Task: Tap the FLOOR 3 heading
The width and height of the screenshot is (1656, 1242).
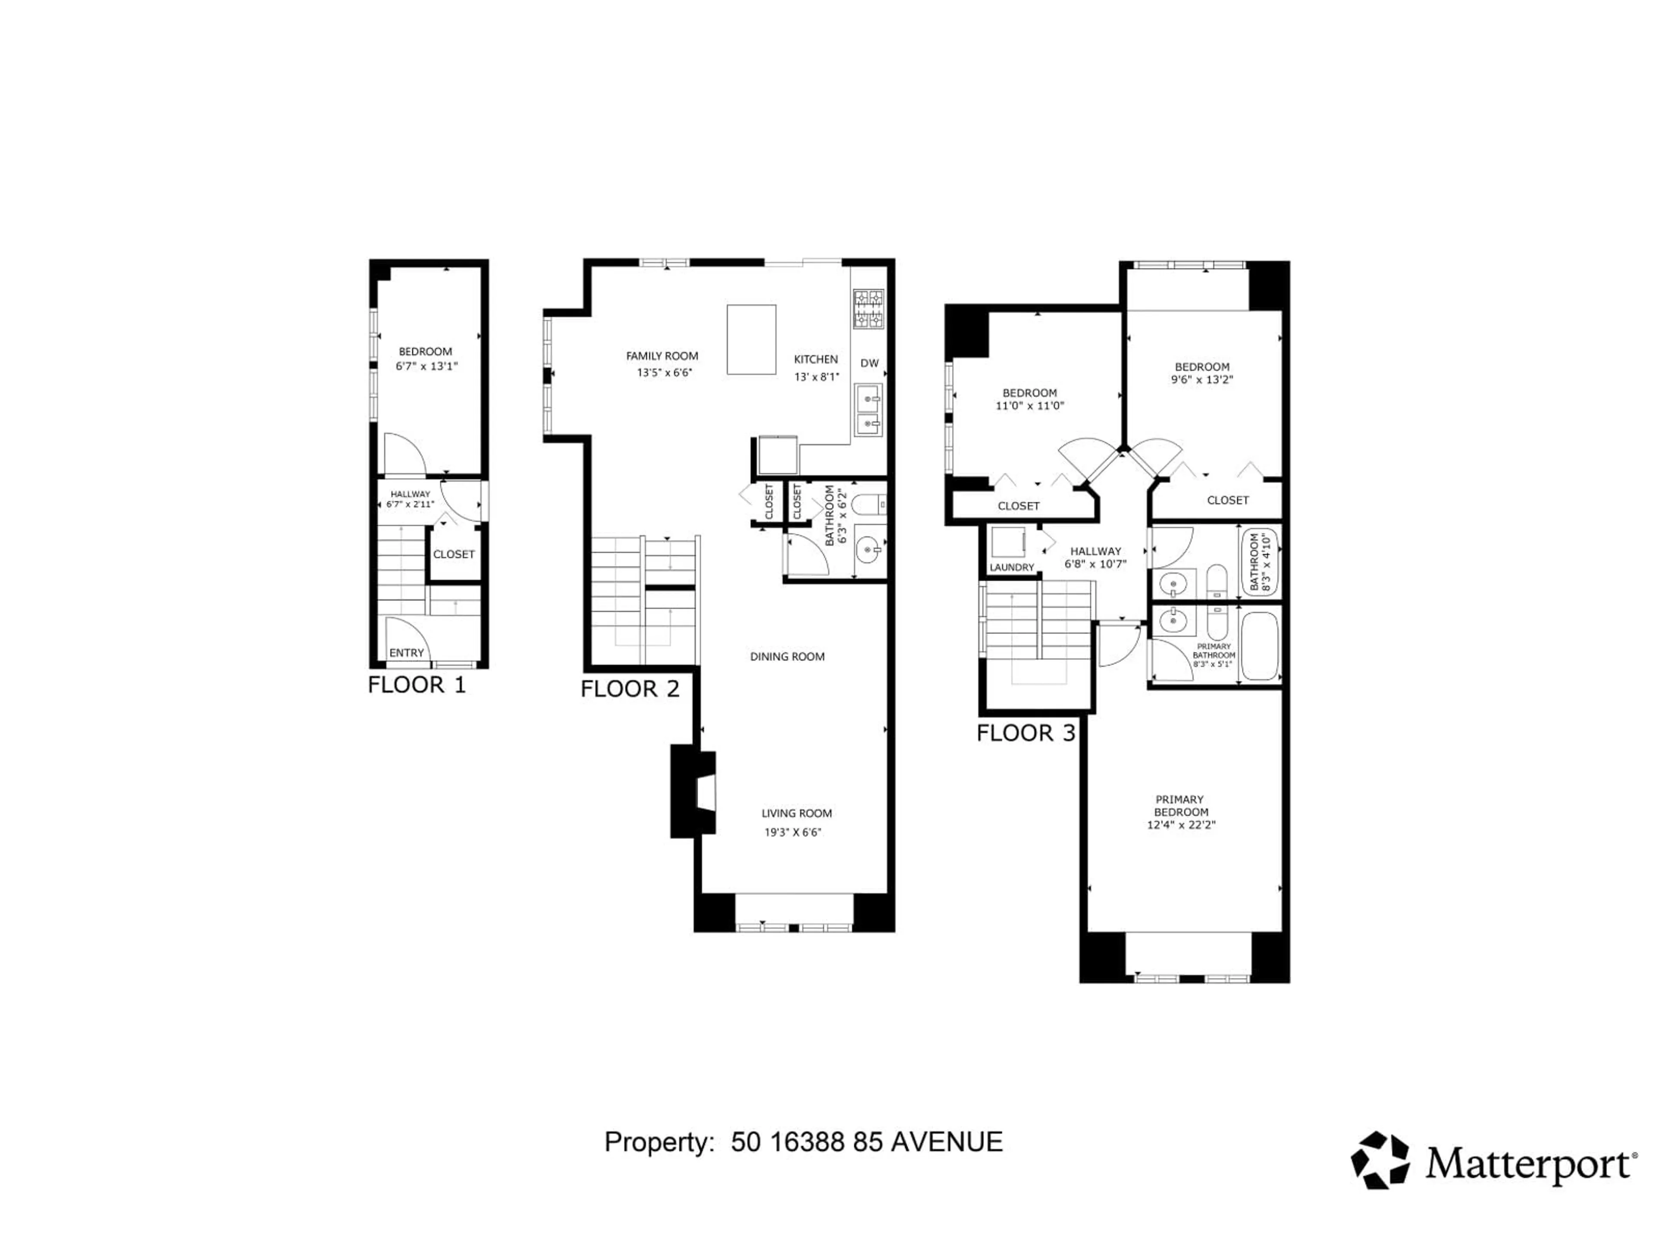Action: tap(1026, 733)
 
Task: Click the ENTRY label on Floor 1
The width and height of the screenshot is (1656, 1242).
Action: tap(407, 653)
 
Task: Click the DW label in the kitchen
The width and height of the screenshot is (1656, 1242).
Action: tap(869, 363)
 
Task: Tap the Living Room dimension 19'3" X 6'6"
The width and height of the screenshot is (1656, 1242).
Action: tap(793, 832)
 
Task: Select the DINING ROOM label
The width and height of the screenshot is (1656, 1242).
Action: tap(787, 656)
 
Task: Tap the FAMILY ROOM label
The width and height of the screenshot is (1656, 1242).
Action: tap(662, 356)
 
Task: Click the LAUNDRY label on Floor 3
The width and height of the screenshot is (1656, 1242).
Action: tap(1011, 568)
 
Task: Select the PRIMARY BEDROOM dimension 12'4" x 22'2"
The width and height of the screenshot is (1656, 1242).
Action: tap(1181, 825)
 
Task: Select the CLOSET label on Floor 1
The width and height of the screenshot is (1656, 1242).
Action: tap(454, 554)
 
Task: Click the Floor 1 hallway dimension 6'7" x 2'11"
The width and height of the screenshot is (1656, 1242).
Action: tap(410, 505)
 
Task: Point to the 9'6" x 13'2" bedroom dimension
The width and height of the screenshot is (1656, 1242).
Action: tap(1201, 379)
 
